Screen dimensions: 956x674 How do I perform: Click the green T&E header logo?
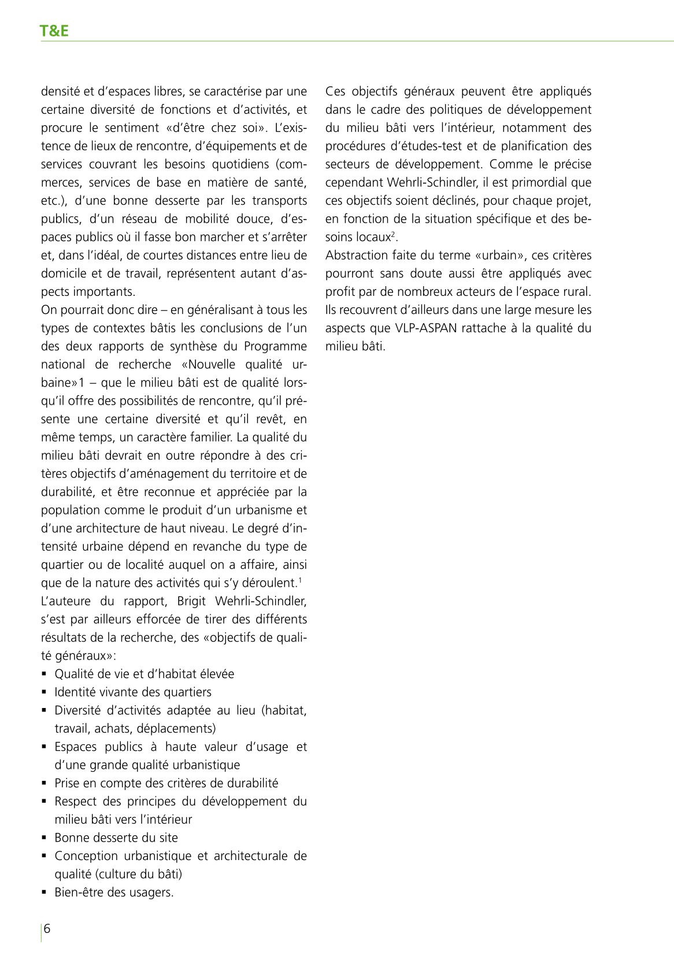pyautogui.click(x=54, y=31)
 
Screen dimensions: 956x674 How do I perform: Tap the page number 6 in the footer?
pyautogui.click(x=47, y=929)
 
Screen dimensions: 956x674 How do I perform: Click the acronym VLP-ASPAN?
pyautogui.click(x=426, y=328)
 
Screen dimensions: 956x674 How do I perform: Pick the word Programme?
pyautogui.click(x=275, y=346)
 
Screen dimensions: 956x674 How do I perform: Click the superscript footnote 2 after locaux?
pyautogui.click(x=393, y=234)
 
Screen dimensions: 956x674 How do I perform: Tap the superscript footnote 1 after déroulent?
pyautogui.click(x=299, y=580)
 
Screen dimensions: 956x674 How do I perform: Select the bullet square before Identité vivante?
pyautogui.click(x=44, y=692)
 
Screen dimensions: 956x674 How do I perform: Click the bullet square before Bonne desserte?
pyautogui.click(x=44, y=838)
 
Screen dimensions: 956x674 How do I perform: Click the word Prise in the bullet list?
pyautogui.click(x=68, y=783)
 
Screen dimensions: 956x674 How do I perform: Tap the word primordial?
pyautogui.click(x=538, y=183)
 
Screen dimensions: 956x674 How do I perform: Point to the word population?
pyautogui.click(x=69, y=510)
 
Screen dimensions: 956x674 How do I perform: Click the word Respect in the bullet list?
pyautogui.click(x=75, y=802)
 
